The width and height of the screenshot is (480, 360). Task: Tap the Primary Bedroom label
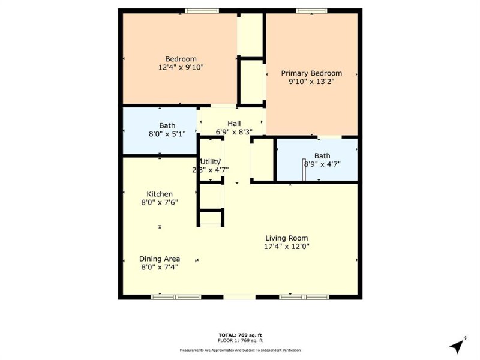point(311,73)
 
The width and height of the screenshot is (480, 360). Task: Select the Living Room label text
point(287,238)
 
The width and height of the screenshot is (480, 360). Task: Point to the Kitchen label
point(160,194)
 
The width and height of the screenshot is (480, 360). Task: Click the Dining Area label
point(160,259)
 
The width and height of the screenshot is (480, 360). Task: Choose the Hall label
point(234,124)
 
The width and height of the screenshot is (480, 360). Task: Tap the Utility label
point(211,161)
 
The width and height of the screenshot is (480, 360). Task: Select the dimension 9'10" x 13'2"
point(311,82)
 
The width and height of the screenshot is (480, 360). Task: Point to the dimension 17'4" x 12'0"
point(287,246)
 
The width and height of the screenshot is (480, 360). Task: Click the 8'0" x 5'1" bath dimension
point(167,134)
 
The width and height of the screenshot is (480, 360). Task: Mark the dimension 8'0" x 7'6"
point(160,203)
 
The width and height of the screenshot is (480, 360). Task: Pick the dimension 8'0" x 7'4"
point(160,267)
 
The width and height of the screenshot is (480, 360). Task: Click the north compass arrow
point(458,346)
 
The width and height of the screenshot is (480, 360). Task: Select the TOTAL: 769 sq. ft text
point(240,334)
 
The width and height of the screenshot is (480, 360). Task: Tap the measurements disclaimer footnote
point(240,350)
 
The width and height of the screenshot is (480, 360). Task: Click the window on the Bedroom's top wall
point(202,11)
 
